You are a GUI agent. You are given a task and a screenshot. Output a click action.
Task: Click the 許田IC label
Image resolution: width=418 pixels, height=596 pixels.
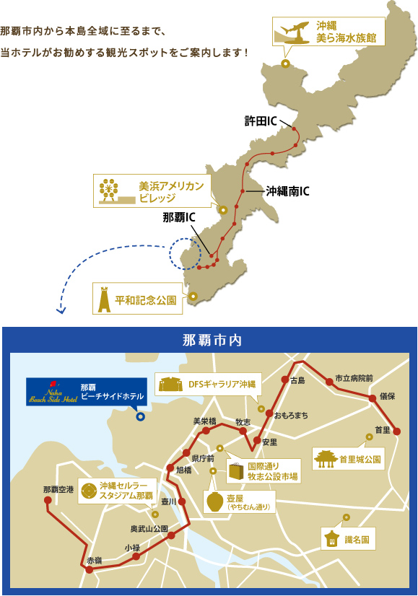(261, 120)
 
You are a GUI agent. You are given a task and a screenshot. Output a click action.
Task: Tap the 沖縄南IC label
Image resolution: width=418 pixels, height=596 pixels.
(287, 191)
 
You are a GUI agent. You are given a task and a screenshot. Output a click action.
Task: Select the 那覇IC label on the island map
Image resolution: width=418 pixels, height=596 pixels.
(180, 216)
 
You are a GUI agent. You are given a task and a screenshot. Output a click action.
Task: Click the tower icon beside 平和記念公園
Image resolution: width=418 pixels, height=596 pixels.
(104, 298)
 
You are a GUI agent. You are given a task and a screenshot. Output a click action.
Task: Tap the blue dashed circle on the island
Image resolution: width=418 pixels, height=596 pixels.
(186, 254)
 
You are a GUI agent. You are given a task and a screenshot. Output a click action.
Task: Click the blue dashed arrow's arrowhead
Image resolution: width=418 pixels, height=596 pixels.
(61, 312)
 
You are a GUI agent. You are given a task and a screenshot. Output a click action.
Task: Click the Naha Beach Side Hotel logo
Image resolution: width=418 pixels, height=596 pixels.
(51, 391)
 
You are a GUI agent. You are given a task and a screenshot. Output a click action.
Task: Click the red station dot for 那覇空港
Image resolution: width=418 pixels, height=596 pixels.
(48, 499)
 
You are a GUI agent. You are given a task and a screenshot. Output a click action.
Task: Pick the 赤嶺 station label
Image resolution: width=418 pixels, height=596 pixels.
(95, 559)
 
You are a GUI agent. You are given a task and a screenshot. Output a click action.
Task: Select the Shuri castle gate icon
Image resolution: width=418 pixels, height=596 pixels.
(326, 457)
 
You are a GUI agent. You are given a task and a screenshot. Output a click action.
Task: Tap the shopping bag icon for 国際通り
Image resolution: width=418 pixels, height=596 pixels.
(236, 472)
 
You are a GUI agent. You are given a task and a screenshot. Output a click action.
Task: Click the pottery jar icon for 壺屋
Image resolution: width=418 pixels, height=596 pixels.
(214, 501)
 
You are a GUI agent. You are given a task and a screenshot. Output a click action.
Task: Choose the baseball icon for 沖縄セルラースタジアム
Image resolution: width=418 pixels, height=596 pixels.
(89, 491)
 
